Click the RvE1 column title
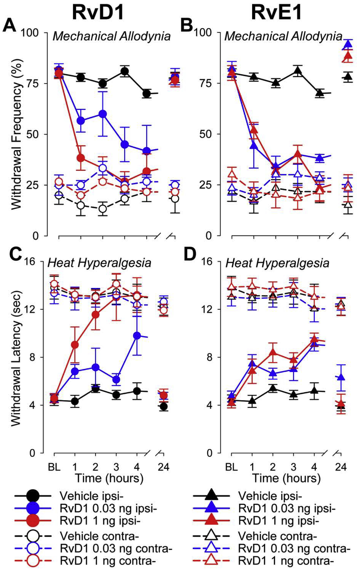[276, 13]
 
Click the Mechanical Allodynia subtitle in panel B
[283, 37]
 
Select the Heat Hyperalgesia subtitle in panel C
[99, 263]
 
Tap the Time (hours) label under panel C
[109, 478]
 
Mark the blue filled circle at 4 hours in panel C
[137, 335]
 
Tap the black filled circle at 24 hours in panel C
[164, 406]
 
